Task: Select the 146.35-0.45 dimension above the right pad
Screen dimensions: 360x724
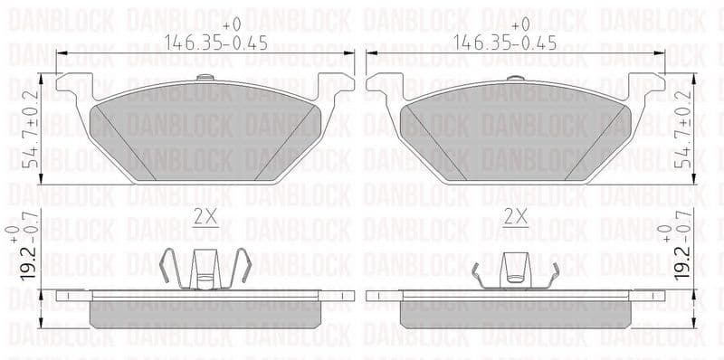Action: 516,43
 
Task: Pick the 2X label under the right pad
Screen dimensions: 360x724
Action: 516,217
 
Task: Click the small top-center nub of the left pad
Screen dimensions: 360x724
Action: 206,78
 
